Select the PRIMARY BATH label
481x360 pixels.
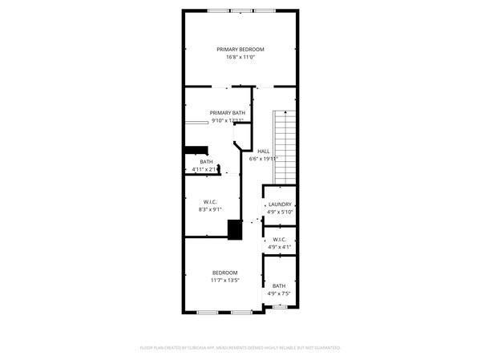pyautogui.click(x=228, y=113)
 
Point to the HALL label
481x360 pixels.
pyautogui.click(x=263, y=151)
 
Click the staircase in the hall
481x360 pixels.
pyautogui.click(x=285, y=144)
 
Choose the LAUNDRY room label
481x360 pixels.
pyautogui.click(x=280, y=204)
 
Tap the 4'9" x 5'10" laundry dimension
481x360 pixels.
pyautogui.click(x=280, y=212)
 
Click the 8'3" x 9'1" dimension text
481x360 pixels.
pyautogui.click(x=210, y=209)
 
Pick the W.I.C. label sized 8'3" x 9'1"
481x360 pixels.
pyautogui.click(x=210, y=201)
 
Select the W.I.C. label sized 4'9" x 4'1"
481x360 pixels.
pyautogui.click(x=280, y=240)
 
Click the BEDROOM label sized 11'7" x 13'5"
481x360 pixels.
pyautogui.click(x=224, y=273)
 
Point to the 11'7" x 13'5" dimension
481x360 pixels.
pyautogui.click(x=224, y=281)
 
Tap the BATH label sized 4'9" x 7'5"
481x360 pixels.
pyautogui.click(x=279, y=286)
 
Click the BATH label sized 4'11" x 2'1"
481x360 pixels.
pyautogui.click(x=206, y=162)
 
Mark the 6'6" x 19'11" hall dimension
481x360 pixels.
pyautogui.click(x=263, y=159)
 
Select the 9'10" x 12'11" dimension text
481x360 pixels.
pyautogui.click(x=228, y=121)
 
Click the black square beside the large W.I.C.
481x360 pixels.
pyautogui.click(x=235, y=229)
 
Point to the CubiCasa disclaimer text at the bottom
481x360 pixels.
pyautogui.click(x=240, y=348)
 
